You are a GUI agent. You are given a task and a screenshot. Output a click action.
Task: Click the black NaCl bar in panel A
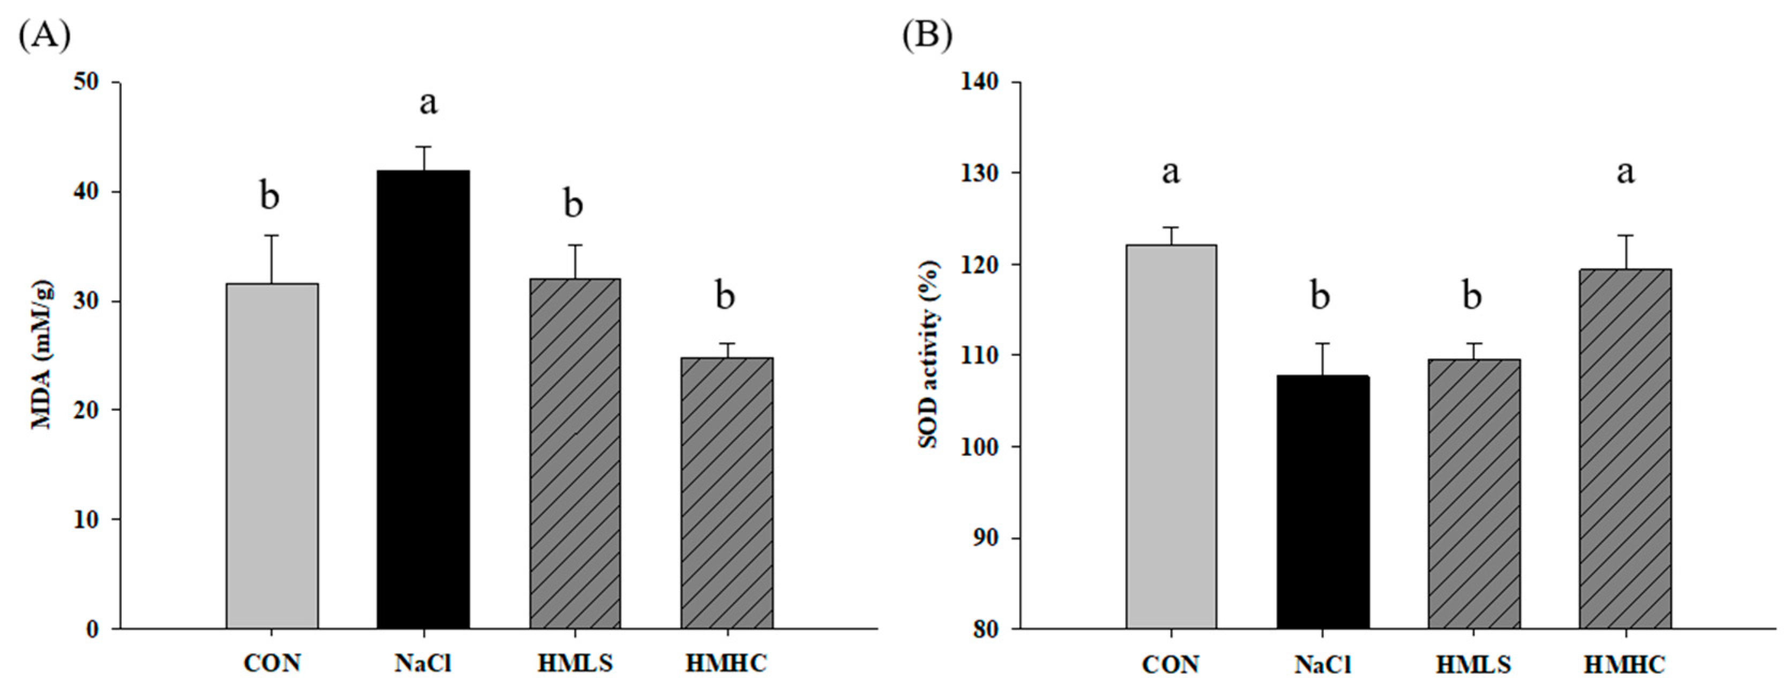[x=423, y=400]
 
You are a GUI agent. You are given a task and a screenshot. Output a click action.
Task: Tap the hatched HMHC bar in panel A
[x=727, y=493]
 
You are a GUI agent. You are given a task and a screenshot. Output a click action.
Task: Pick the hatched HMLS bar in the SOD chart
[x=1473, y=494]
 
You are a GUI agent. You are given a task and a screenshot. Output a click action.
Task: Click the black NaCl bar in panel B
[x=1322, y=501]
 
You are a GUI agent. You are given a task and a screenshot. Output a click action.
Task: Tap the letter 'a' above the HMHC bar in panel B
[x=1626, y=172]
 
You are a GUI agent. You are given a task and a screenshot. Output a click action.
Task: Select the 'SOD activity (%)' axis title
[x=930, y=354]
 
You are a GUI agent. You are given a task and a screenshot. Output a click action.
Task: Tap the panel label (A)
[x=44, y=35]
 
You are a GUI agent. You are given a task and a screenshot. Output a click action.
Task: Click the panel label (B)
[x=927, y=35]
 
